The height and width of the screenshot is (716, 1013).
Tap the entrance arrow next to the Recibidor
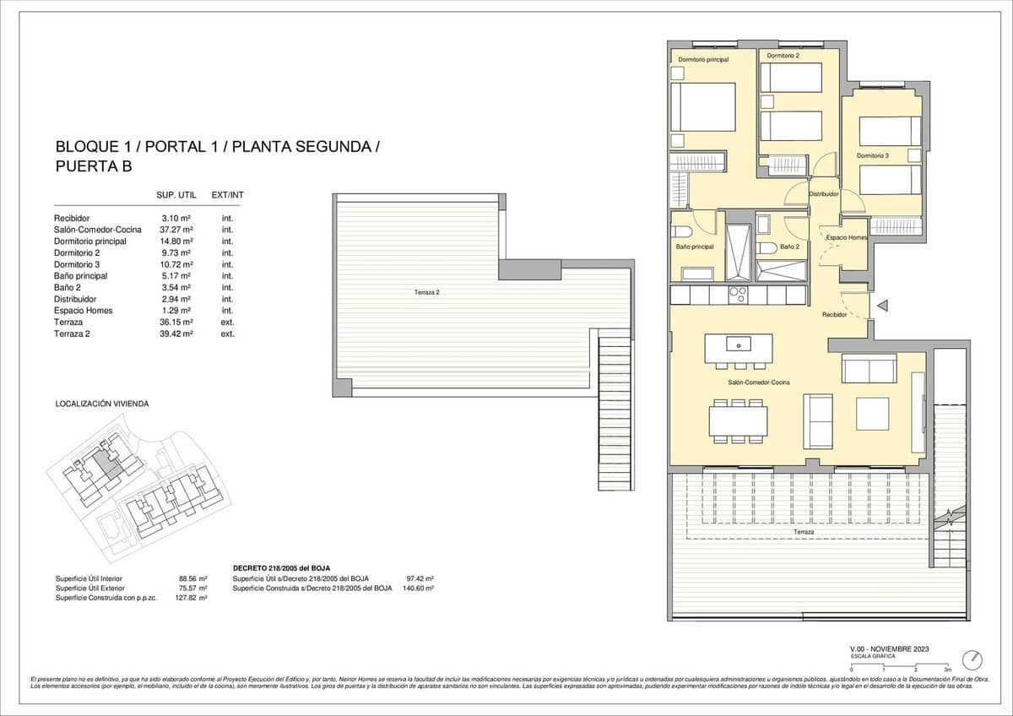(x=883, y=306)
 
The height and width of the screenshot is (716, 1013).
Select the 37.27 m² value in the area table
(x=176, y=230)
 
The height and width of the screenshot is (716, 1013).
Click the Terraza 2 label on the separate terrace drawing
(x=427, y=292)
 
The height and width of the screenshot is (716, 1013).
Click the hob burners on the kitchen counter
(x=737, y=295)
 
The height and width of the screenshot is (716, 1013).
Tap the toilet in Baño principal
(x=682, y=231)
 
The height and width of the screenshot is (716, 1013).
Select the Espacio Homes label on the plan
(x=846, y=238)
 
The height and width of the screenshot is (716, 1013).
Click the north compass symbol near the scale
(x=976, y=658)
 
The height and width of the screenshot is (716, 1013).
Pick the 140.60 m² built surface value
(x=419, y=588)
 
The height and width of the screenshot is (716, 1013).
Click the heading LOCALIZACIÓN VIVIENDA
(x=102, y=404)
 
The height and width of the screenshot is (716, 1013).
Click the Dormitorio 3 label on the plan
(x=873, y=155)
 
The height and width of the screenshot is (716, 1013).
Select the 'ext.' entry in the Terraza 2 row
(x=227, y=334)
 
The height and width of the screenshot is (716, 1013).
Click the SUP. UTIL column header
(x=176, y=196)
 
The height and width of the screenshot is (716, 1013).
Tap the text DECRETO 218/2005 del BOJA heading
(x=280, y=568)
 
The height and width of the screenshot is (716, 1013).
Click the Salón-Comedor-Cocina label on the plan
(x=759, y=382)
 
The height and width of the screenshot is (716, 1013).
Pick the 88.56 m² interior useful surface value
(x=193, y=578)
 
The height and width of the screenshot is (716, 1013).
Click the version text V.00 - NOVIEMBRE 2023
(x=890, y=648)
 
